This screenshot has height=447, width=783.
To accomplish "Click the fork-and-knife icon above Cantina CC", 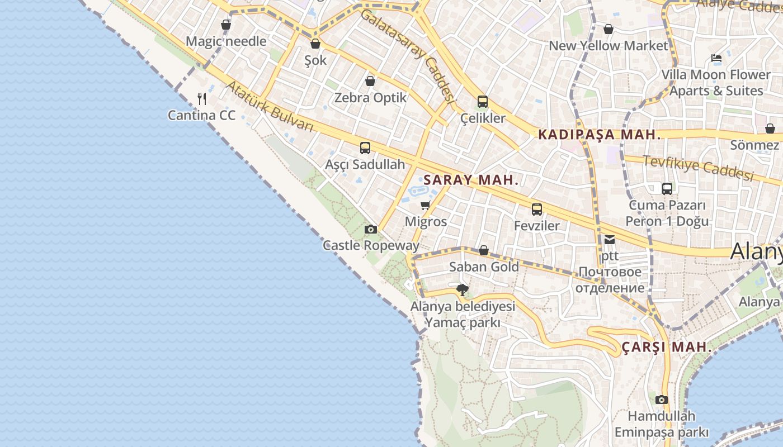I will [x=202, y=99].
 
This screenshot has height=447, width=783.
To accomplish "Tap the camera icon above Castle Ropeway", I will [x=370, y=229].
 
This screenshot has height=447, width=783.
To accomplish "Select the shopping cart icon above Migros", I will [x=426, y=205].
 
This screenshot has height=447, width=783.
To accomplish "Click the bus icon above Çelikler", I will [x=483, y=102].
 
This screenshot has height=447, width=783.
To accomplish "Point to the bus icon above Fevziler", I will [x=537, y=210].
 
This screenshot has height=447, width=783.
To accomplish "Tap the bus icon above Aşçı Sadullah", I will [x=365, y=148].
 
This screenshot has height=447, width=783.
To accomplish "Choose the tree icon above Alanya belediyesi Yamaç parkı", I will [x=463, y=290].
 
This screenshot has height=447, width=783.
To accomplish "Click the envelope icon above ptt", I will [x=609, y=240].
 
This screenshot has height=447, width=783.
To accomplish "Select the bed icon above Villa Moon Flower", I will [x=716, y=58].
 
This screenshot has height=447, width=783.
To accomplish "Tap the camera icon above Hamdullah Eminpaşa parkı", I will [x=662, y=400].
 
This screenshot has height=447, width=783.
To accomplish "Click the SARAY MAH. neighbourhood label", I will [x=471, y=180].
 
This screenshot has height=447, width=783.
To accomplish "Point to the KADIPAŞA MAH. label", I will [x=600, y=135].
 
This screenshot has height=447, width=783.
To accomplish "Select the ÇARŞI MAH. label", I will [x=667, y=347].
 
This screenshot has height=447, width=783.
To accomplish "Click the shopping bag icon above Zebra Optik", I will [x=370, y=81].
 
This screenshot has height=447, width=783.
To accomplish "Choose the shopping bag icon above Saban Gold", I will [x=484, y=250].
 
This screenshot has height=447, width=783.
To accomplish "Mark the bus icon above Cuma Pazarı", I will [x=667, y=189].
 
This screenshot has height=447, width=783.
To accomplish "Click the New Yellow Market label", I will [x=609, y=46].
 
